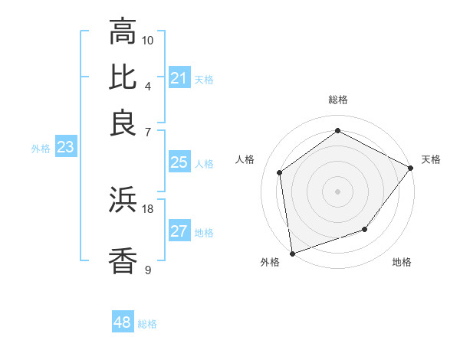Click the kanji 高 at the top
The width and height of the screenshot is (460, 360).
(123, 32)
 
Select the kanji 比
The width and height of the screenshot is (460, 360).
(123, 77)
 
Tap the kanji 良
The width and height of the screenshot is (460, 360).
(123, 123)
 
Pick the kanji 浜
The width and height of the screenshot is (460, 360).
(123, 201)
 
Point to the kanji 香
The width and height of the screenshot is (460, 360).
(123, 260)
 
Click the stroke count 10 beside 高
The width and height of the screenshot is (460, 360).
(148, 40)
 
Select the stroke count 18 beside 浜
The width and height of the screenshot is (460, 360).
(148, 208)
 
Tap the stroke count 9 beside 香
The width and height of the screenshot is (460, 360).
(148, 269)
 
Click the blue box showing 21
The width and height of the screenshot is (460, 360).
(179, 78)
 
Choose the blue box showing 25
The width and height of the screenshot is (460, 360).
(179, 162)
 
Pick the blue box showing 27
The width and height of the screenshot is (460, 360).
(179, 232)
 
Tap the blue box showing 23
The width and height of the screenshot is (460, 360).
(64, 148)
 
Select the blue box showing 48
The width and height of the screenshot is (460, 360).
(122, 323)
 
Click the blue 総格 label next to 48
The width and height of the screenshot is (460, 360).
(147, 324)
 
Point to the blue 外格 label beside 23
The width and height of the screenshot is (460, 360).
(41, 149)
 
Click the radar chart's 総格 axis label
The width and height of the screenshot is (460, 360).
(337, 100)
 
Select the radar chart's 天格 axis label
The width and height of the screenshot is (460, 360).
(431, 159)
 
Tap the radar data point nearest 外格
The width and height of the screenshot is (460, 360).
(292, 253)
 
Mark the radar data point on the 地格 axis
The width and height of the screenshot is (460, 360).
(365, 229)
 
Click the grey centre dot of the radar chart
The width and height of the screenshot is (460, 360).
(337, 191)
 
